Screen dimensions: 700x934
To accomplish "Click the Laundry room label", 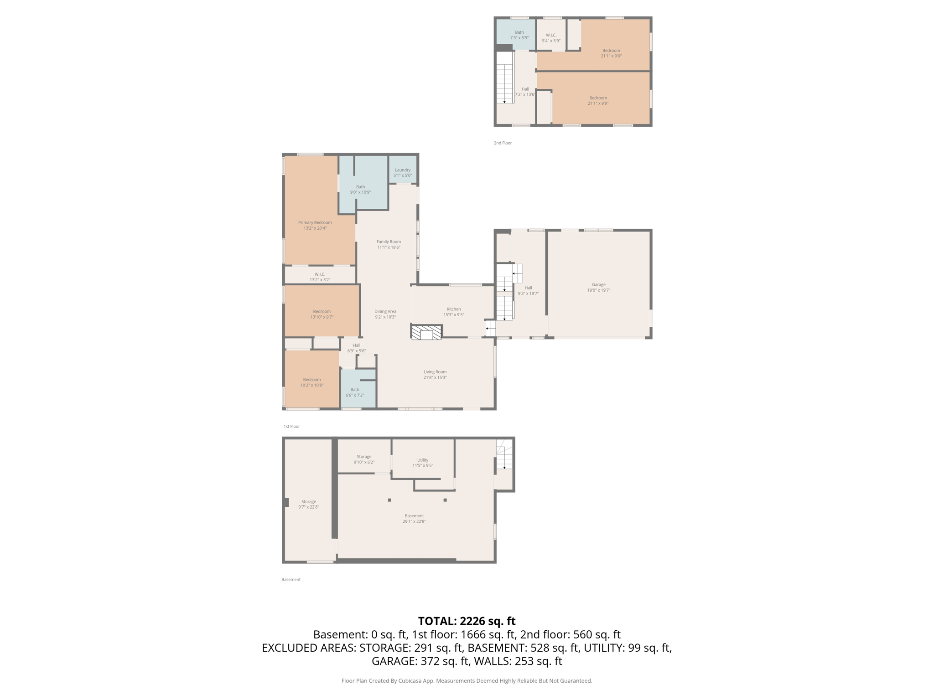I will tap(402, 170).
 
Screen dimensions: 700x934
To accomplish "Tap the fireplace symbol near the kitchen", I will tap(426, 332).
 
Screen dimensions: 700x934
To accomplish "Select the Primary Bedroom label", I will tap(315, 222).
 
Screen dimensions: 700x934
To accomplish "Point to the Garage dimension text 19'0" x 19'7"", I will tap(598, 290).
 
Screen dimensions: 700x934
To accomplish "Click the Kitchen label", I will tap(453, 309).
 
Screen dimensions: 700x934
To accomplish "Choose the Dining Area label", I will tap(385, 311).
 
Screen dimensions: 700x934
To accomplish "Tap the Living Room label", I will tap(435, 372).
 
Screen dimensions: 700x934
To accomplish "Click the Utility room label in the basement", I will tap(422, 460).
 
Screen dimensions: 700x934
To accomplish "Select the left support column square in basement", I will tap(389, 500).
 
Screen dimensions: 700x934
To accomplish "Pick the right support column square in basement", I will tap(445, 500).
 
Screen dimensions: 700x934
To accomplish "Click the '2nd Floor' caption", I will tap(503, 143).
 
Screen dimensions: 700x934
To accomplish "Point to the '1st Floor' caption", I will tap(291, 427).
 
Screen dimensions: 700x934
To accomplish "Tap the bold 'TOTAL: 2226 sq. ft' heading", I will tap(467, 621).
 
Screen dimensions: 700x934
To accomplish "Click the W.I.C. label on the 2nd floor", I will tap(551, 35).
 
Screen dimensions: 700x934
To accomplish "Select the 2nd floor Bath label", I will tap(519, 32).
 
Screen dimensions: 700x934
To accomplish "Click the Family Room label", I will tap(389, 242).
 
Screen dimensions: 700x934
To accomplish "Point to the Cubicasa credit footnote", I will tap(467, 681).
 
